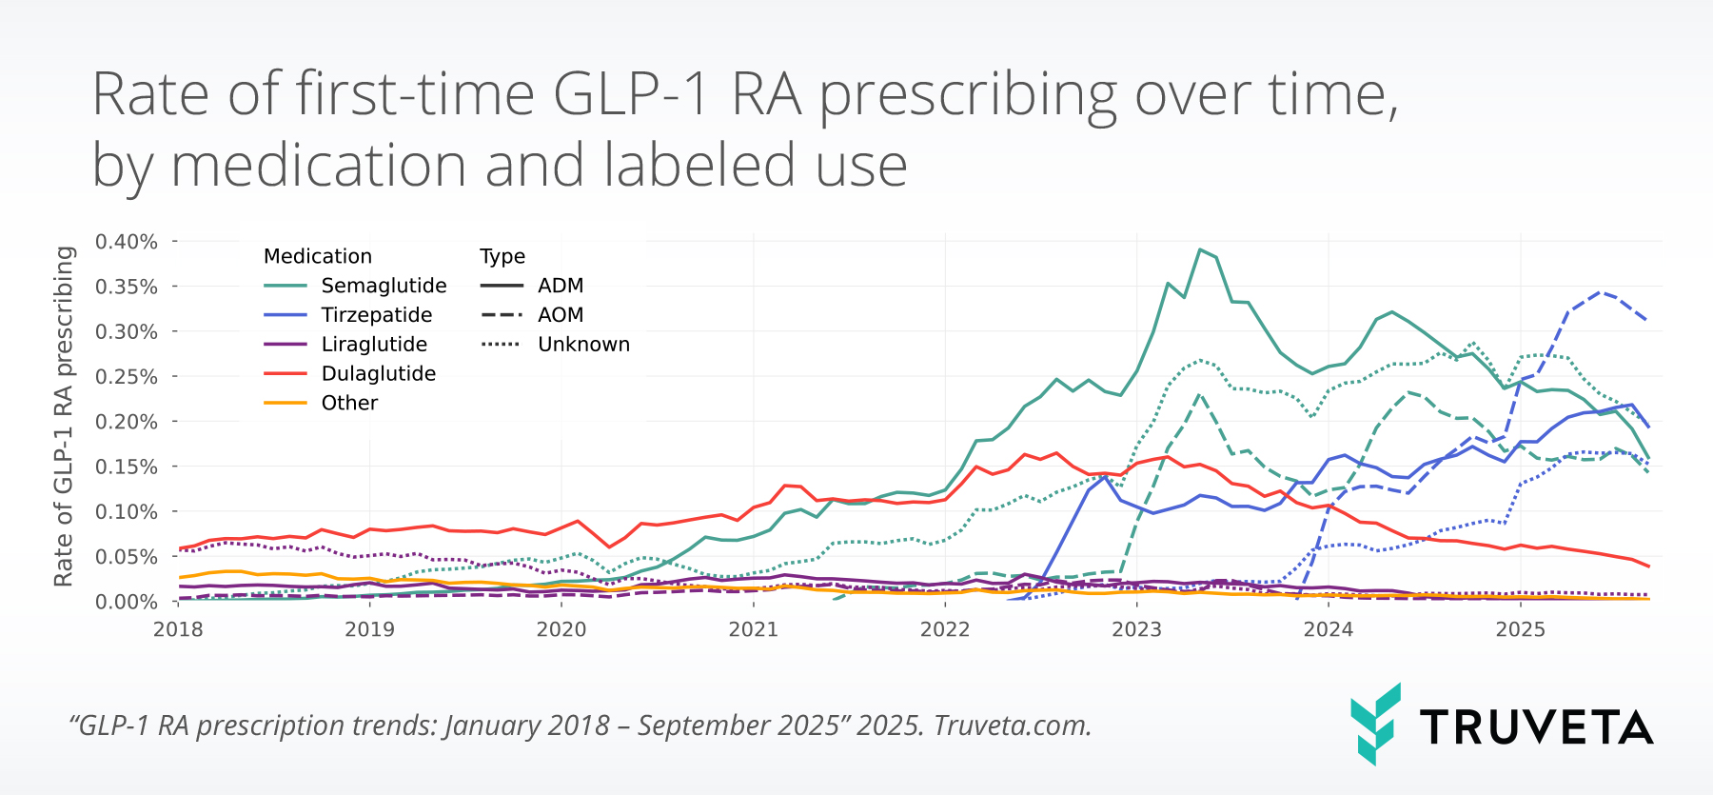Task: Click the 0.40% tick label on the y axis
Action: (x=127, y=242)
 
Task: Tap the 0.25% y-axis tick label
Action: (x=127, y=377)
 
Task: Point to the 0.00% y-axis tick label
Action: (x=127, y=602)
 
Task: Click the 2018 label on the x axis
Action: (x=178, y=629)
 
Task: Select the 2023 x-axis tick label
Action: (x=1136, y=629)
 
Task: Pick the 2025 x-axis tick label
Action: (x=1520, y=629)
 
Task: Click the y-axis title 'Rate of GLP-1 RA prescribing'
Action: (x=64, y=416)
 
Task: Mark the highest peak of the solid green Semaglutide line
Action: (x=1200, y=249)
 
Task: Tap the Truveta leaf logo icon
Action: (x=1375, y=724)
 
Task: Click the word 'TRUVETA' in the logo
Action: (x=1536, y=727)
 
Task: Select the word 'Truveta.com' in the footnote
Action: (x=1012, y=725)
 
